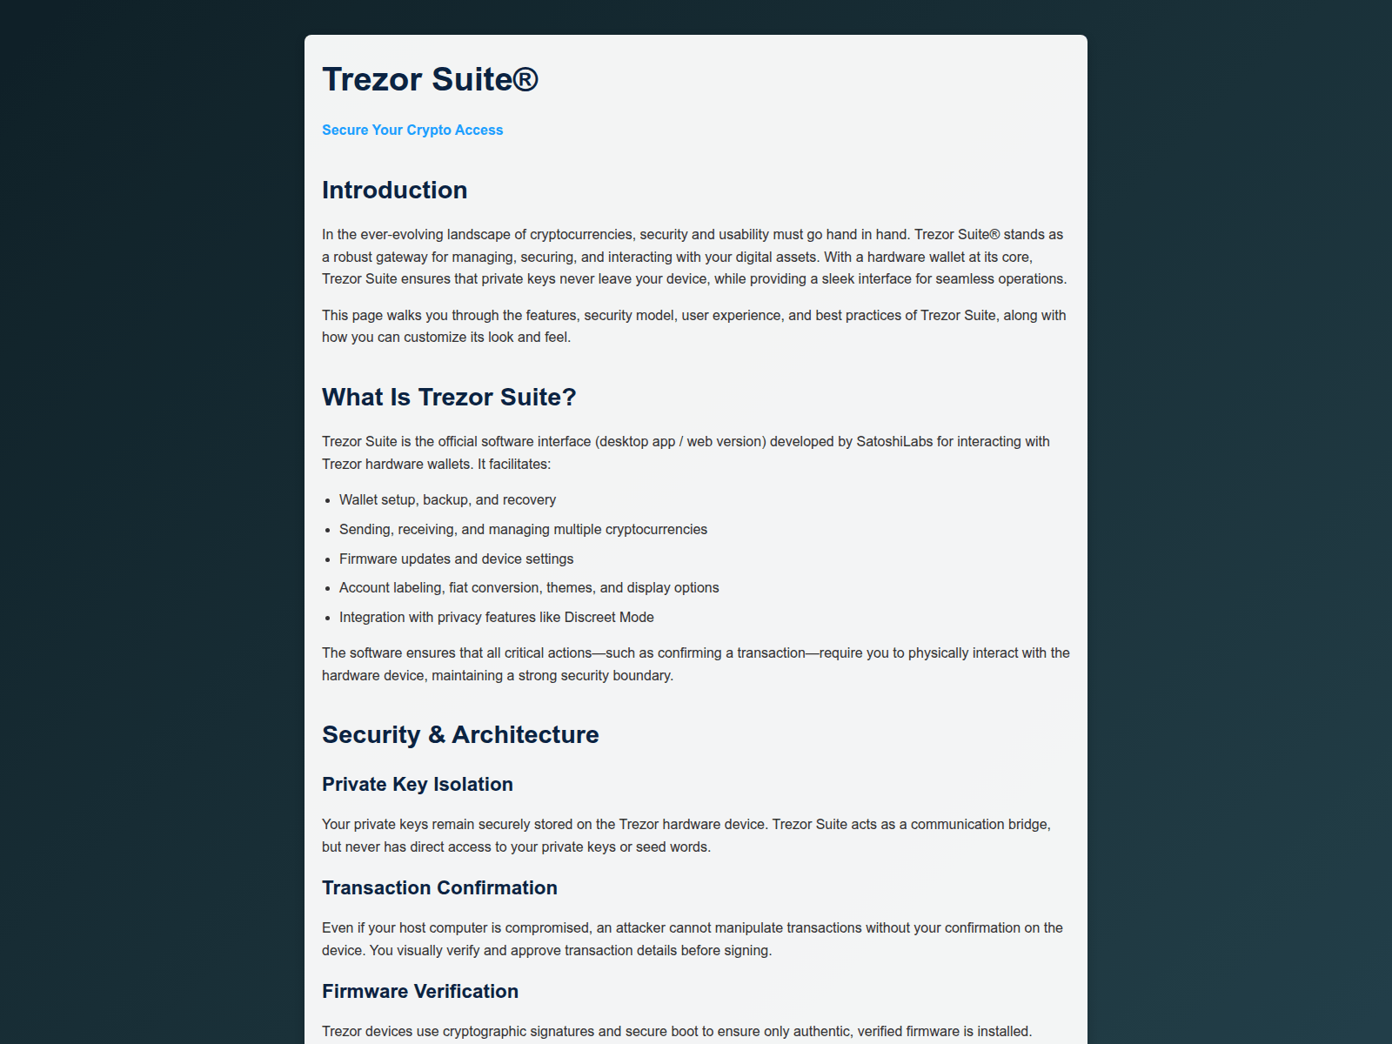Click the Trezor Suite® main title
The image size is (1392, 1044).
tap(430, 79)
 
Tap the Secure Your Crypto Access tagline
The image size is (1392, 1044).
tap(412, 130)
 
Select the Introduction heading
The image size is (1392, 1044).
tap(394, 190)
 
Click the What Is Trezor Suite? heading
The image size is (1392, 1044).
tap(449, 397)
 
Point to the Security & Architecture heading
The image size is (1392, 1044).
tap(460, 734)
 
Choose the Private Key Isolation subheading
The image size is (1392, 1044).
tap(417, 784)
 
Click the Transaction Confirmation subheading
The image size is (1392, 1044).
tap(439, 887)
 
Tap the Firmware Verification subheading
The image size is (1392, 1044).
tap(419, 991)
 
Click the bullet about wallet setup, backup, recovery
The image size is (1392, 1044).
tap(447, 499)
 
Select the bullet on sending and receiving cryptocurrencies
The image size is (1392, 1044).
tap(523, 529)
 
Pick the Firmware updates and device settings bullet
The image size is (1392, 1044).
tap(456, 559)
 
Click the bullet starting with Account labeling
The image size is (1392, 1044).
tap(529, 587)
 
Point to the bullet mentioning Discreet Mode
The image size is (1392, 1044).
tap(496, 617)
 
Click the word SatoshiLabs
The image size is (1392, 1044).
tap(894, 441)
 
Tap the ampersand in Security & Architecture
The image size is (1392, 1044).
tap(436, 735)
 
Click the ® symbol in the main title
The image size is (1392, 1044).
tap(525, 79)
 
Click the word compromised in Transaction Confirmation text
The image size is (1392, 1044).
tap(547, 927)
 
